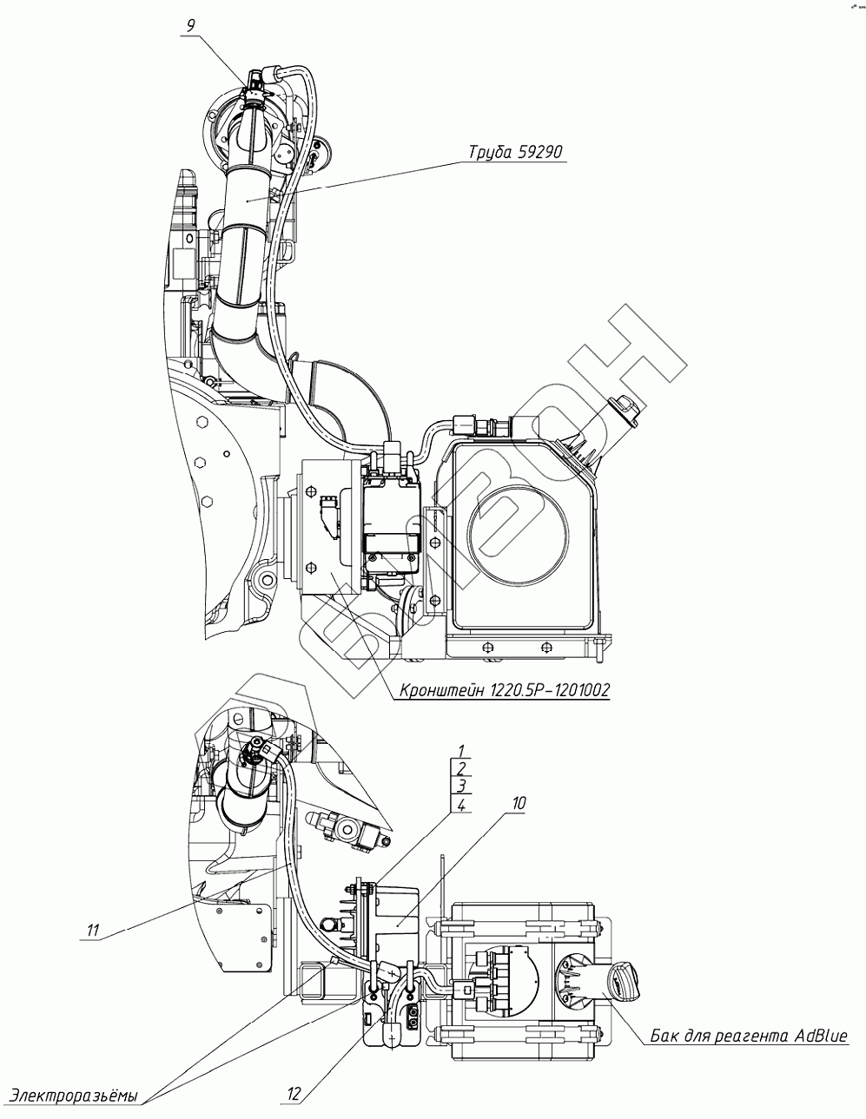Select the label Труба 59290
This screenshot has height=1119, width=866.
[516, 152]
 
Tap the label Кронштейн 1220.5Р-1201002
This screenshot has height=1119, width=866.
[505, 690]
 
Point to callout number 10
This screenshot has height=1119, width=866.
[519, 804]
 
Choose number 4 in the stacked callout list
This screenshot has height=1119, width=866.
[461, 805]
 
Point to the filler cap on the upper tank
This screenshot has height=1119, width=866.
[623, 407]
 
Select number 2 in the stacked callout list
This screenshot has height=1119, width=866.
[461, 768]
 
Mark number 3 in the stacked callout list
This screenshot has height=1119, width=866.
[461, 787]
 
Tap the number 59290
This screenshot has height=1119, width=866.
[541, 152]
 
